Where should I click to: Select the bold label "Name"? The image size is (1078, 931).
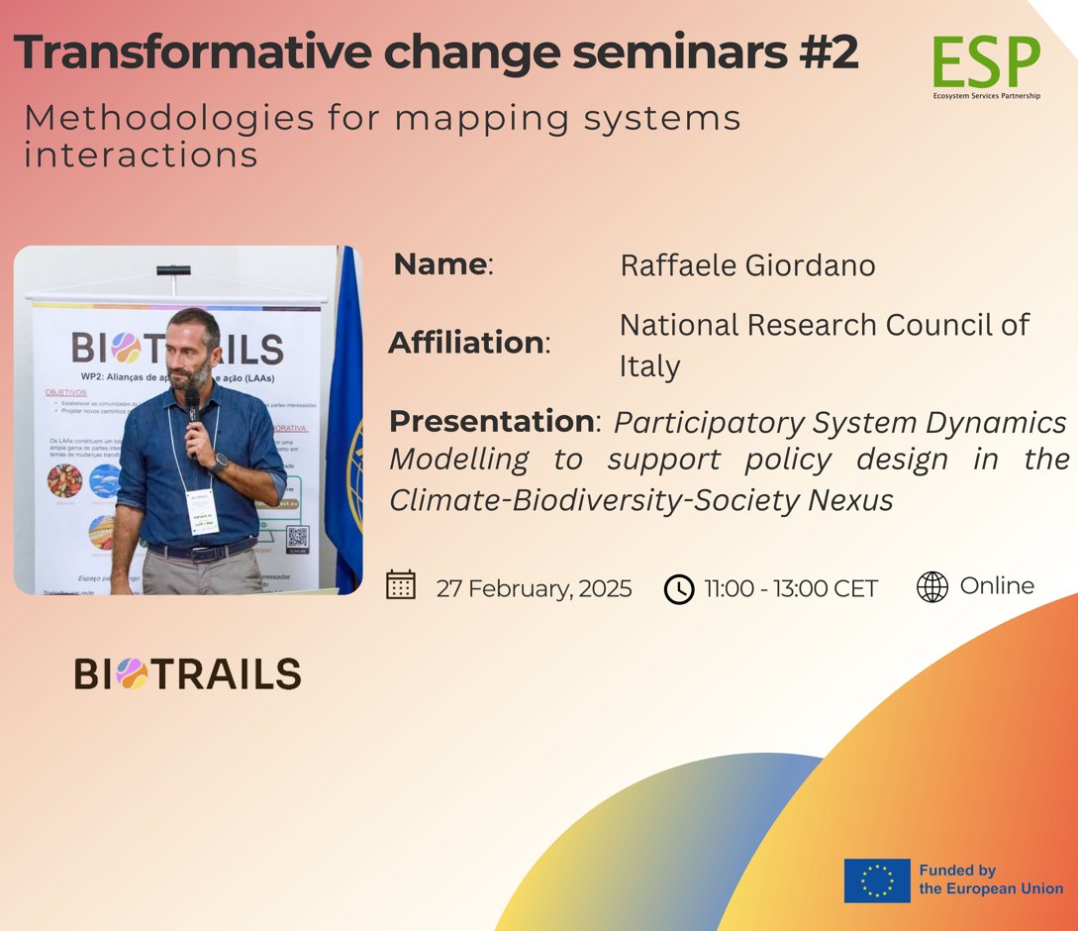click(x=440, y=264)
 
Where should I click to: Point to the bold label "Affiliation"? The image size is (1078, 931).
click(x=466, y=343)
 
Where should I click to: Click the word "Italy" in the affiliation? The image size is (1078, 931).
click(x=649, y=366)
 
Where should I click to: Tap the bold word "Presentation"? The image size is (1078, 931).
click(x=491, y=421)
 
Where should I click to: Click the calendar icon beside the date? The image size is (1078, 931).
click(x=400, y=585)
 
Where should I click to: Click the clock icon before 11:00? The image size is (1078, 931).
click(x=679, y=588)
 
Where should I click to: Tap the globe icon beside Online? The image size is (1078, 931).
click(x=931, y=586)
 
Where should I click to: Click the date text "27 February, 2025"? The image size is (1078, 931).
click(x=534, y=588)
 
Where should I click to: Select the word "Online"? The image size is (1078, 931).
click(x=996, y=585)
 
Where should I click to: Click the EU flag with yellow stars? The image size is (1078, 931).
click(x=876, y=880)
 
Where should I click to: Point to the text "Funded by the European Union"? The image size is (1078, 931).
click(x=990, y=879)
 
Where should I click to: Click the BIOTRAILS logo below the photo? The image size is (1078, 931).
click(x=187, y=674)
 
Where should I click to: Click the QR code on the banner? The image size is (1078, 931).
click(x=297, y=538)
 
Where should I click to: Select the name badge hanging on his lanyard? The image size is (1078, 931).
click(x=202, y=510)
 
